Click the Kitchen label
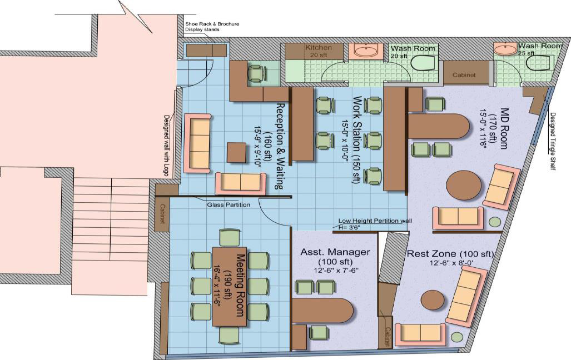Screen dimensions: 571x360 point(318,48)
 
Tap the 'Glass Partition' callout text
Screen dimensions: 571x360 point(229,204)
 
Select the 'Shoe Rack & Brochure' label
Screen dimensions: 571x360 point(212,24)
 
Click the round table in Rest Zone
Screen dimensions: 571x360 point(433,299)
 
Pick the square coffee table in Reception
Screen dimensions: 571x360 point(237,153)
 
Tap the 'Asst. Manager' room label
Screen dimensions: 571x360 point(335,252)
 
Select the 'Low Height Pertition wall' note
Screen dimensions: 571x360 point(375,221)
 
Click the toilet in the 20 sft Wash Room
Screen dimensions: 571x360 point(423,62)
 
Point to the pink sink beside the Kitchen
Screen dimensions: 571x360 point(366,51)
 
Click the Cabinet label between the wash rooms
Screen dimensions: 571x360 point(464,75)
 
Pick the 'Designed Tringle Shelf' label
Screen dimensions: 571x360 point(553,141)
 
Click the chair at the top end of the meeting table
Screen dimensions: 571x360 point(230,238)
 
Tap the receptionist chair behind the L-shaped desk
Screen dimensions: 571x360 point(256,74)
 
